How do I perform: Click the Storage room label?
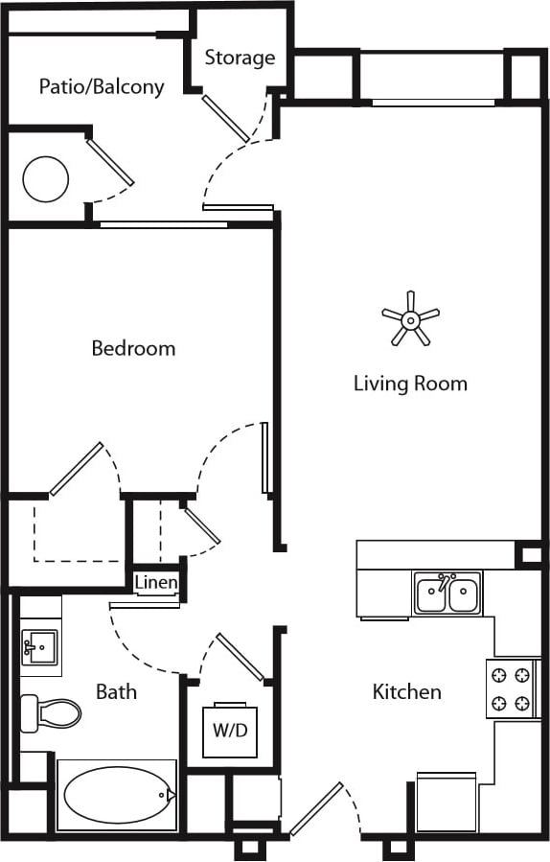(x=240, y=58)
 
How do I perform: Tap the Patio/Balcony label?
(x=102, y=86)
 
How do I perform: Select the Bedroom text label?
(x=133, y=348)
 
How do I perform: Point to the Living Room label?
(x=410, y=384)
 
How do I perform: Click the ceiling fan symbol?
(x=410, y=317)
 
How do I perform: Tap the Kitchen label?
(x=406, y=691)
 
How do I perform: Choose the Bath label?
(x=116, y=691)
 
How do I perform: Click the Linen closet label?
(x=154, y=583)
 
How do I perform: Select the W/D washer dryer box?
(x=230, y=731)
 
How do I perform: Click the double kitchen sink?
(x=447, y=594)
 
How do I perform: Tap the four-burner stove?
(x=509, y=688)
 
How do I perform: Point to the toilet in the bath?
(x=50, y=712)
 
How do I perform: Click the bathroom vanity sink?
(x=39, y=647)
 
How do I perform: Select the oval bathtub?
(x=117, y=795)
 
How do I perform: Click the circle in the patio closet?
(x=46, y=178)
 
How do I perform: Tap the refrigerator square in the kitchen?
(x=447, y=802)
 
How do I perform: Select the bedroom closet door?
(x=77, y=469)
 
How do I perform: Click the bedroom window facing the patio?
(x=163, y=224)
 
